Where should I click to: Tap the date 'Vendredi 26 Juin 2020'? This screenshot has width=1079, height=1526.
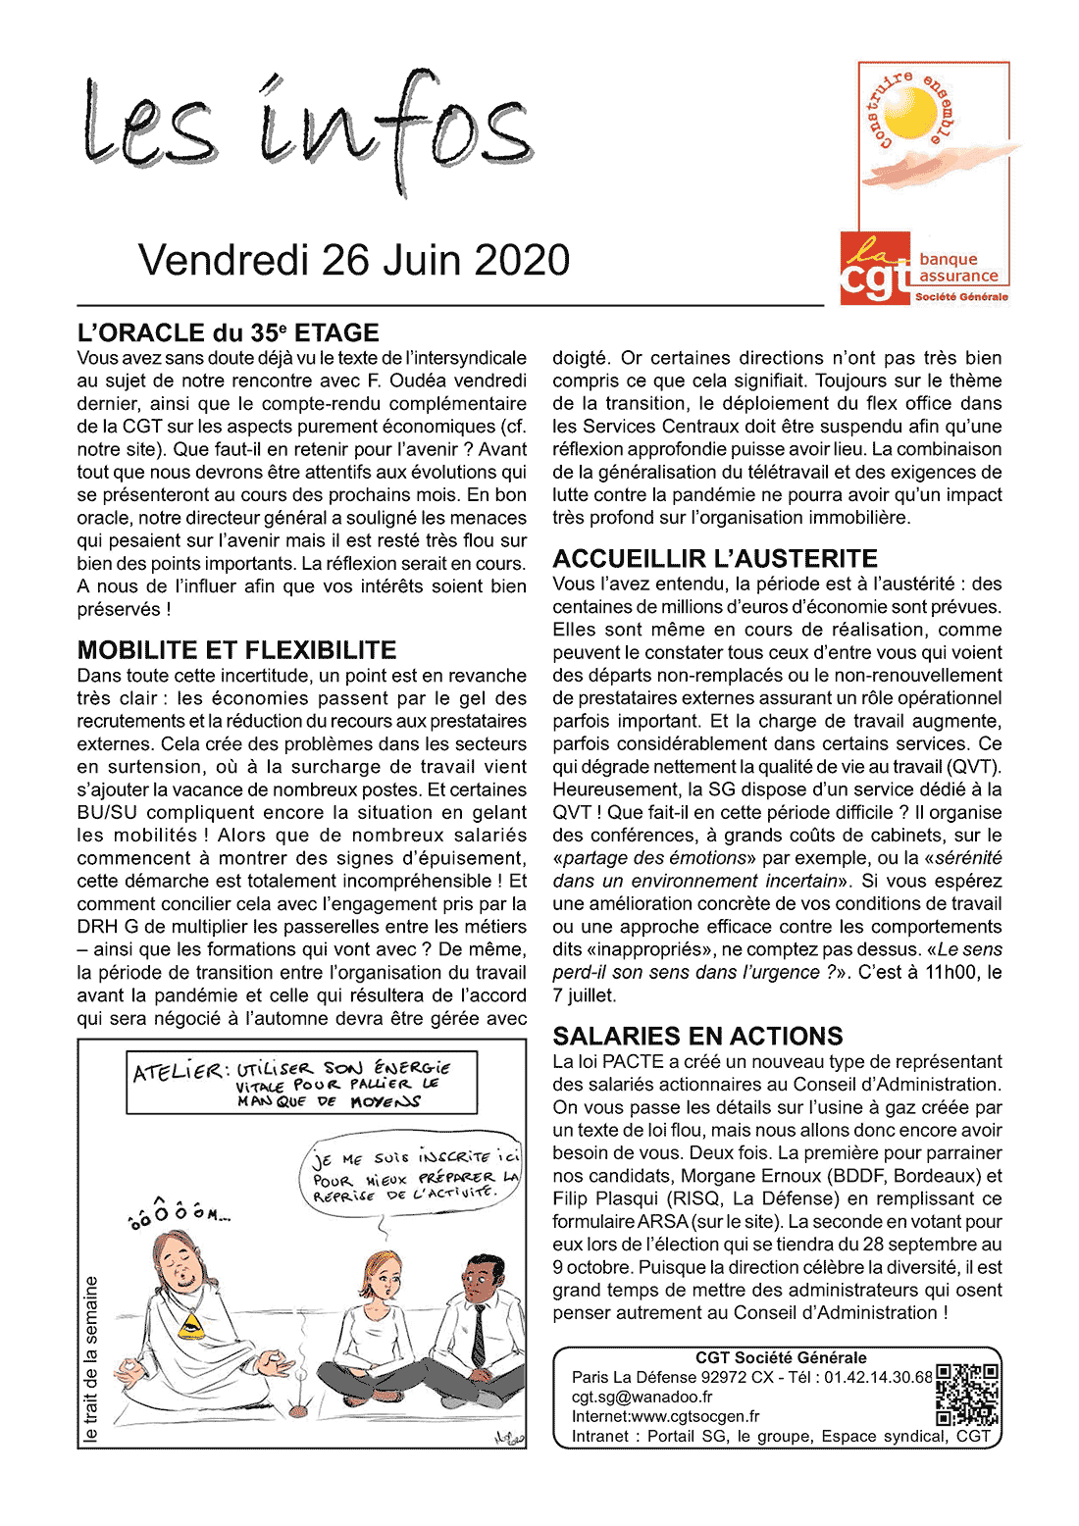point(354,260)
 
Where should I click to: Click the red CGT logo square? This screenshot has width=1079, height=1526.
point(875,269)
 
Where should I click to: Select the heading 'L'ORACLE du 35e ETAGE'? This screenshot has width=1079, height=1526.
point(228,333)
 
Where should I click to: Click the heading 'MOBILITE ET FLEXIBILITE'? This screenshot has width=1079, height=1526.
point(236,650)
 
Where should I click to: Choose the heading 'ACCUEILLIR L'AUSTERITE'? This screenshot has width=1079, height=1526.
point(715,559)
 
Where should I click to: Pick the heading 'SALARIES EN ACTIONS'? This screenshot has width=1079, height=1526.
point(697,1037)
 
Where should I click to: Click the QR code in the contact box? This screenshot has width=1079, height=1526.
point(967,1395)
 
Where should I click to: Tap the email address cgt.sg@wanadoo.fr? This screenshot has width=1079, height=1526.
point(642,1397)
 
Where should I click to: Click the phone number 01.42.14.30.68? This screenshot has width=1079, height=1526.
point(878,1377)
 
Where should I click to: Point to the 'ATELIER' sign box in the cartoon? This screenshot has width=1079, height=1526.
point(302,1083)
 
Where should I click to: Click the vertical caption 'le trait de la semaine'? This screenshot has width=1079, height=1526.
point(91,1358)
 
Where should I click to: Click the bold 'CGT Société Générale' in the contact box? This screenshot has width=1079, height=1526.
point(781,1358)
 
